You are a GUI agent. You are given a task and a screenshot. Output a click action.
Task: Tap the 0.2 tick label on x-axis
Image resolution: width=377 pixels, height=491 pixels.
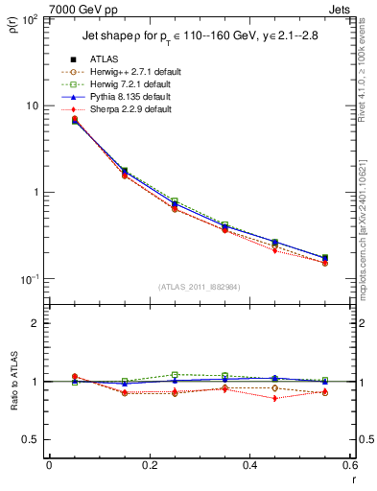(x=149, y=465)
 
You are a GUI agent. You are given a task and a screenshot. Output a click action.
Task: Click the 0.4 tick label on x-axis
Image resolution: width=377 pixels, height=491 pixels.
(x=249, y=465)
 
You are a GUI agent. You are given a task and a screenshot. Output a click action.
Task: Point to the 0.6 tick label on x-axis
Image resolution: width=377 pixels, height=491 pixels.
(x=349, y=465)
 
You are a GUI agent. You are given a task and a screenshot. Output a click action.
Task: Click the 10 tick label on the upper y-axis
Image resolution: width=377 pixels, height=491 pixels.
(x=32, y=105)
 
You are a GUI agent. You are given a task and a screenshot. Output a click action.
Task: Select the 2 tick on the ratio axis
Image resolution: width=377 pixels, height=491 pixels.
(x=36, y=324)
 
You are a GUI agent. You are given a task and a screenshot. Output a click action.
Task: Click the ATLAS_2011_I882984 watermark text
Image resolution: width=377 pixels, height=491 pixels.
(x=199, y=287)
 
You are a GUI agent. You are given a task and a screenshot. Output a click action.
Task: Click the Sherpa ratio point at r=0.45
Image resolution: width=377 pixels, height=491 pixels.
(x=275, y=398)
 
